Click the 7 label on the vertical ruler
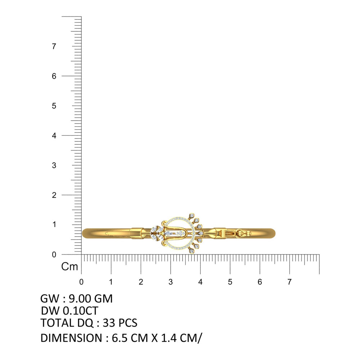(x=54, y=46)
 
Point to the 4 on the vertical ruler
(x=54, y=136)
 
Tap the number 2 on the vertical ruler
(x=54, y=195)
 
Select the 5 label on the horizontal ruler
(x=230, y=282)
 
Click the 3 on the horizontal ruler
(x=170, y=282)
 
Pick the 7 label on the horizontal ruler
(x=289, y=282)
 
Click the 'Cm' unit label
(x=69, y=266)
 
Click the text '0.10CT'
(x=80, y=311)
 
